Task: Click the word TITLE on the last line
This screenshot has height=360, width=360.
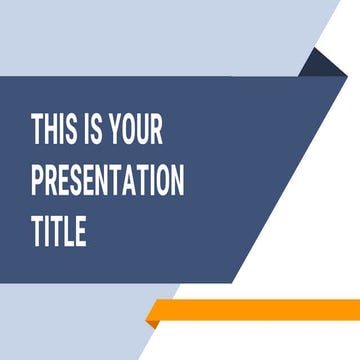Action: [59, 233]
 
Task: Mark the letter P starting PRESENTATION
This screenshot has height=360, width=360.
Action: [38, 182]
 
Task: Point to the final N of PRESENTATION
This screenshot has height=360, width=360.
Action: [177, 182]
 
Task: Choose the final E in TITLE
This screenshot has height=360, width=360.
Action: [80, 233]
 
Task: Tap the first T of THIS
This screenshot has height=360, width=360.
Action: [38, 130]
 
